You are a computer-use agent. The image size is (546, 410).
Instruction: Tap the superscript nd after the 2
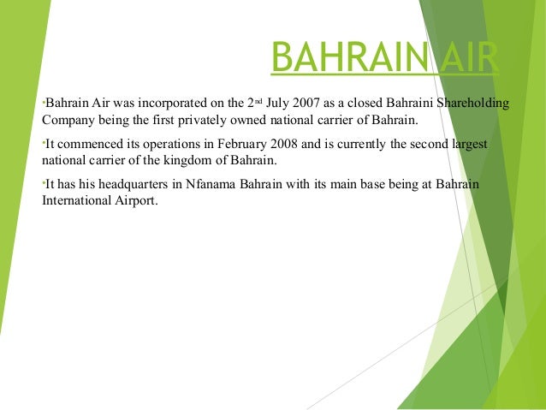click(256, 101)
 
